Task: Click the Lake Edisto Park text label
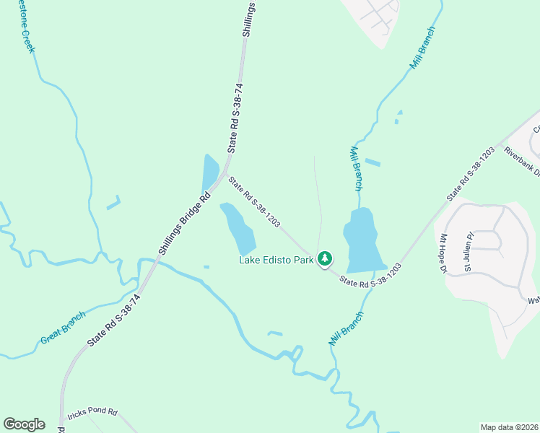point(276,260)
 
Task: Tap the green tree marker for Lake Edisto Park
point(325,258)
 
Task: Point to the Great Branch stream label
point(63,326)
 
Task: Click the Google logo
point(24,424)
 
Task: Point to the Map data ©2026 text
point(509,427)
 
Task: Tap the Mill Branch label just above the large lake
point(355,167)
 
